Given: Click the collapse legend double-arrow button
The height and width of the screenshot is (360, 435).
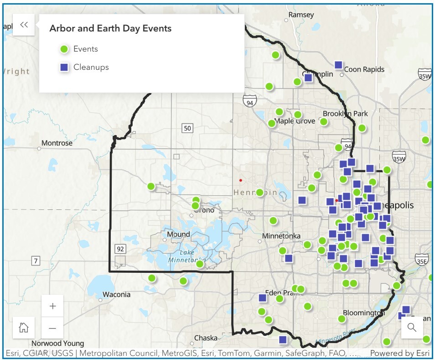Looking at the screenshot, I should pyautogui.click(x=24, y=25).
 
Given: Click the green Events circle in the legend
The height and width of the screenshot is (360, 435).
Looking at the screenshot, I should pyautogui.click(x=64, y=49).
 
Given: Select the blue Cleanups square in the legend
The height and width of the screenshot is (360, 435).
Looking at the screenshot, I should pyautogui.click(x=64, y=68).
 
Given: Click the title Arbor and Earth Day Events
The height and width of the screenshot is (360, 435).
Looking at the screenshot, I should pyautogui.click(x=110, y=28).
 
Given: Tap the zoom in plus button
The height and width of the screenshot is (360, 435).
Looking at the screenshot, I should pyautogui.click(x=52, y=306).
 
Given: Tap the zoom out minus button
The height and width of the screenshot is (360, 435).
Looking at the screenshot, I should pyautogui.click(x=52, y=328).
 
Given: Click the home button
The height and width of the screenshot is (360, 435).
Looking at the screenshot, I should pyautogui.click(x=24, y=328).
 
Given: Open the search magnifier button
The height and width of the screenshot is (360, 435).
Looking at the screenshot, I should pyautogui.click(x=412, y=327).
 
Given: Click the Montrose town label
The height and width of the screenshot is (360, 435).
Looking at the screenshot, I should pyautogui.click(x=57, y=143).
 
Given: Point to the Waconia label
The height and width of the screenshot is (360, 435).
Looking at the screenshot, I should pyautogui.click(x=116, y=294).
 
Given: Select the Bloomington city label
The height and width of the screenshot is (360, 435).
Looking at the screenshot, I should pyautogui.click(x=363, y=313).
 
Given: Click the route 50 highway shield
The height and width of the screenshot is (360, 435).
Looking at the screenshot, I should pyautogui.click(x=187, y=128).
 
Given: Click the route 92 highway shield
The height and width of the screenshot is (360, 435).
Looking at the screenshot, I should pyautogui.click(x=120, y=249).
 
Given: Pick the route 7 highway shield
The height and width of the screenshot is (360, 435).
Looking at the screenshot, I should pyautogui.click(x=36, y=261).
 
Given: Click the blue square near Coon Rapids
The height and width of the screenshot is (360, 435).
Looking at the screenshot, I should pyautogui.click(x=338, y=65).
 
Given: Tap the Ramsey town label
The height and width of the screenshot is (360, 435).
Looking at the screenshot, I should pyautogui.click(x=301, y=15).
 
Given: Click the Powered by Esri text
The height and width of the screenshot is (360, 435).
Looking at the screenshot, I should pyautogui.click(x=399, y=353).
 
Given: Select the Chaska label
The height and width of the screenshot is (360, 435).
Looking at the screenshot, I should pyautogui.click(x=206, y=338).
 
